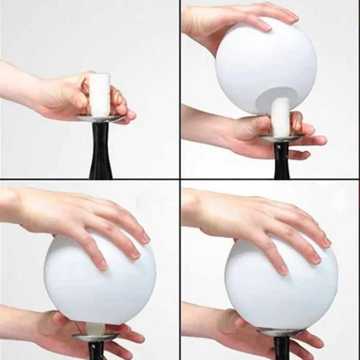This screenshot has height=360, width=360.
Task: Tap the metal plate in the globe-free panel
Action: pyautogui.click(x=101, y=118)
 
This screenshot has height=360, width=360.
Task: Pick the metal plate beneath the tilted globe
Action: pyautogui.click(x=281, y=138)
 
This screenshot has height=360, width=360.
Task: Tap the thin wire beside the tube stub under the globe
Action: pyautogui.click(x=79, y=327)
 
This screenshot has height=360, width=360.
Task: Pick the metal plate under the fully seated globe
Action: pyautogui.click(x=281, y=332)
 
